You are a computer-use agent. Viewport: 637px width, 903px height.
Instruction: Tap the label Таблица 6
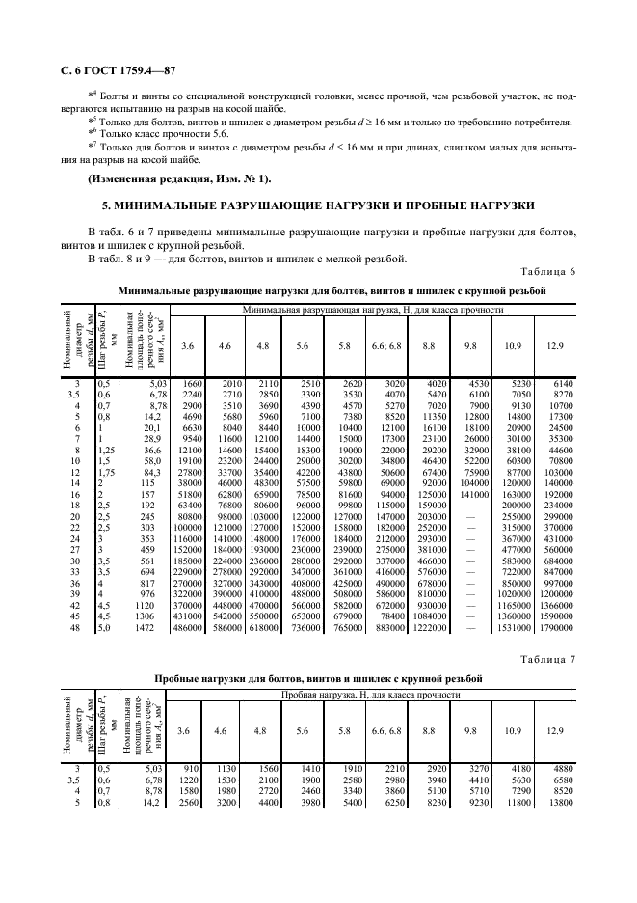tap(547, 272)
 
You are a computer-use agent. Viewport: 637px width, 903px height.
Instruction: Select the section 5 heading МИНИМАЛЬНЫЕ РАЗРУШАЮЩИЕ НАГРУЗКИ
tap(318, 206)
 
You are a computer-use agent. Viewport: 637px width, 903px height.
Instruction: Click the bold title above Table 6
tap(332, 289)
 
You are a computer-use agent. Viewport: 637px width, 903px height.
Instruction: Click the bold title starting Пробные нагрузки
tap(332, 679)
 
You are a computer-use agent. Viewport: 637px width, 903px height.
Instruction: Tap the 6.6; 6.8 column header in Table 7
tap(386, 731)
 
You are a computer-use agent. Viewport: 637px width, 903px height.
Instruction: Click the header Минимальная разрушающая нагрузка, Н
tap(373, 310)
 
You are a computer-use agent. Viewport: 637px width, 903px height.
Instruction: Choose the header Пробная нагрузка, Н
tap(373, 695)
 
